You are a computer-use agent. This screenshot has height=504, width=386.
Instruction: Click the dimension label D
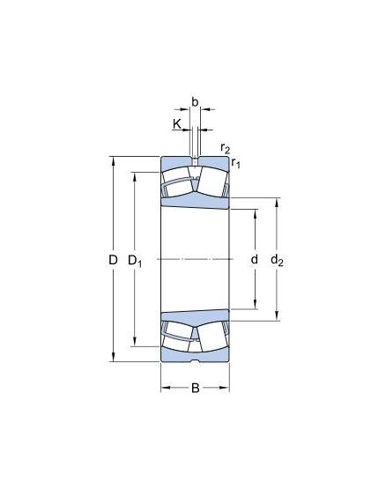point(113,260)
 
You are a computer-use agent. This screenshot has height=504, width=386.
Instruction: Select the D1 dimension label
point(135,261)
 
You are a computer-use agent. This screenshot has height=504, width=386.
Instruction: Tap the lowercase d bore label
point(254,259)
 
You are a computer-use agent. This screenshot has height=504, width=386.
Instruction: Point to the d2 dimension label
point(277,260)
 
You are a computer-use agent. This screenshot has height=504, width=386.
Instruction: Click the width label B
point(195,389)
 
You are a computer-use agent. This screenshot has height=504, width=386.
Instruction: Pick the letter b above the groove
point(195,102)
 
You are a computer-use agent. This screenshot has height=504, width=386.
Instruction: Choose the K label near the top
point(177,123)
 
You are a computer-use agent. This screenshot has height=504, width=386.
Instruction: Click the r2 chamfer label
point(226,148)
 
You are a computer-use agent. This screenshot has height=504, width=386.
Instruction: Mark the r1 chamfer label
point(236,163)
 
